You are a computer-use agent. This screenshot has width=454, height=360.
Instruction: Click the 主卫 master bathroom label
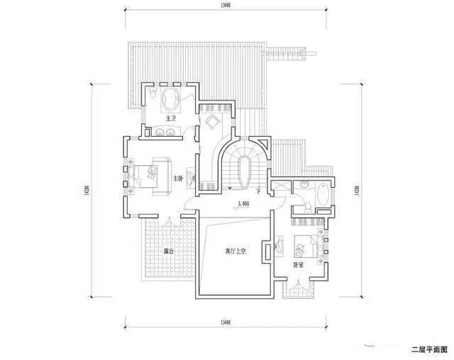170,118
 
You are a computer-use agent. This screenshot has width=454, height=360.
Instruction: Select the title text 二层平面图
429,349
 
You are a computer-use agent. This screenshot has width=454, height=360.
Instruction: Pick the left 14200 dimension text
86,191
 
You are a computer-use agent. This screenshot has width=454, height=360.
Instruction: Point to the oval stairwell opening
245,171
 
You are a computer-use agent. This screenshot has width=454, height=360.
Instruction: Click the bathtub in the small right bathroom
323,194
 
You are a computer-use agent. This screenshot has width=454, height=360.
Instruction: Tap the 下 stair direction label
260,190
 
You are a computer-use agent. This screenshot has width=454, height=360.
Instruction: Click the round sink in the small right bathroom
305,184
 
